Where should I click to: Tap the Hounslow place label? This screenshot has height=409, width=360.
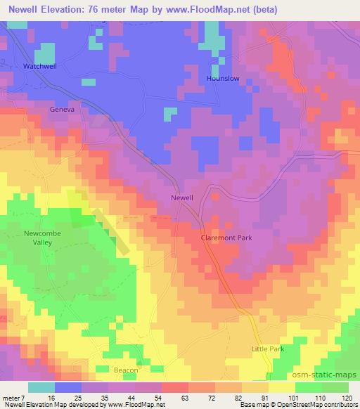[x=224, y=79]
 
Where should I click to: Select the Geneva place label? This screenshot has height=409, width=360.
[x=62, y=110]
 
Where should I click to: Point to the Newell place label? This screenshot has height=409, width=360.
[x=182, y=198]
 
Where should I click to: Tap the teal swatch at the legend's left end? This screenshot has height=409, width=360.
[x=41, y=387]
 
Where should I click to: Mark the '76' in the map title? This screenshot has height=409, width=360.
[x=103, y=10]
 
